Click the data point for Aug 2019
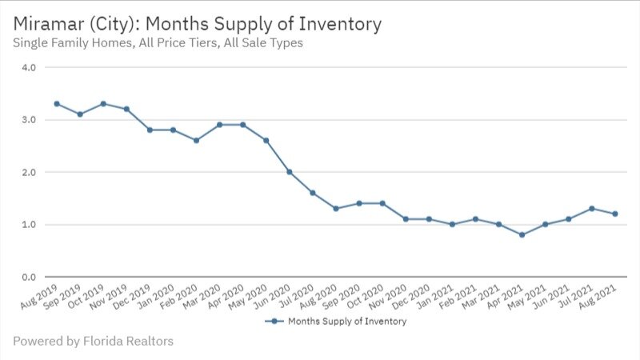tap(57, 104)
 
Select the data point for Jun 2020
tap(290, 172)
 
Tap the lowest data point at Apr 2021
tap(522, 235)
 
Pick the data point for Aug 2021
tap(615, 214)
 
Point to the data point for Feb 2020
tap(196, 140)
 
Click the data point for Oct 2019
tap(103, 104)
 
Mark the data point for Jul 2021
tap(592, 209)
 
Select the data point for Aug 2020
tap(336, 209)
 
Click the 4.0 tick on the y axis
tap(30, 68)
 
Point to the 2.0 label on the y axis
tap(30, 172)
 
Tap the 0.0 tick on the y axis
tap(30, 277)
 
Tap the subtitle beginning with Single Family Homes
tap(158, 43)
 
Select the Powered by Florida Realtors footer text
tap(93, 342)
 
